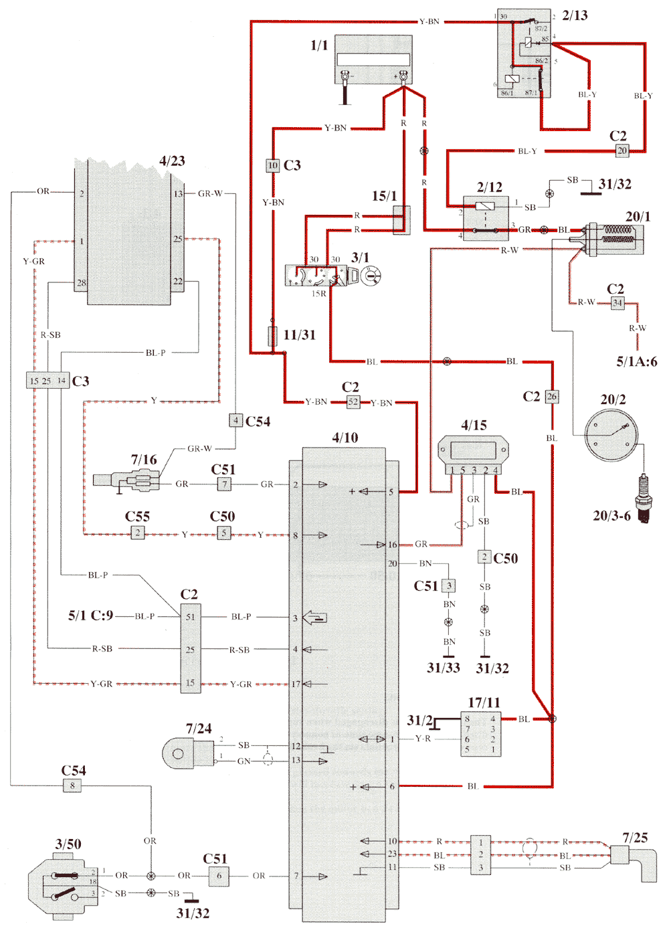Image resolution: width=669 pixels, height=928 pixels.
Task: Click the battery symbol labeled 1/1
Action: [x=373, y=60]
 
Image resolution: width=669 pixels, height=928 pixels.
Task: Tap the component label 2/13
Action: [x=575, y=15]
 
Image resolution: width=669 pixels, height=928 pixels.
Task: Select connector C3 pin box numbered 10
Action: [x=272, y=165]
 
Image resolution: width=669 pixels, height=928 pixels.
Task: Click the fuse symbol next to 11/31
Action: [x=273, y=336]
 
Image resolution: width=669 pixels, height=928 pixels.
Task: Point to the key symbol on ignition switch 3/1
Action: [x=371, y=275]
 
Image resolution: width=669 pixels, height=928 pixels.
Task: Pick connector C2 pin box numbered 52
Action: [x=353, y=402]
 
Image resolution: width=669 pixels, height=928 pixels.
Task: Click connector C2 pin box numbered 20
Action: [x=622, y=151]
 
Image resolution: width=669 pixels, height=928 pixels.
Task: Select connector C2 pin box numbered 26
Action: [x=551, y=396]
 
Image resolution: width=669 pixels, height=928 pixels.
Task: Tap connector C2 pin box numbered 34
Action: [x=617, y=303]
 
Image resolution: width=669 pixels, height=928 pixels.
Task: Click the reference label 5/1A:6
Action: [x=636, y=362]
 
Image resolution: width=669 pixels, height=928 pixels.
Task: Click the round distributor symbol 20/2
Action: [x=611, y=436]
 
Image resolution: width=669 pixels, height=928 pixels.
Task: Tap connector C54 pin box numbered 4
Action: [x=235, y=420]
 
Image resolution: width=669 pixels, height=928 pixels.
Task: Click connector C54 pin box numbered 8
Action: [x=72, y=785]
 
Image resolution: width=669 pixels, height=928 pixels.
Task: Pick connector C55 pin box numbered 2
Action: [x=137, y=533]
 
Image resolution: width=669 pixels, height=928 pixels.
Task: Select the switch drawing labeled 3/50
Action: [x=60, y=884]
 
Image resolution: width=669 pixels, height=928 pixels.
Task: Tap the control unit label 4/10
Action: [x=345, y=438]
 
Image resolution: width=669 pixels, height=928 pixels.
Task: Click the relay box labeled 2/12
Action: [x=486, y=217]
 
